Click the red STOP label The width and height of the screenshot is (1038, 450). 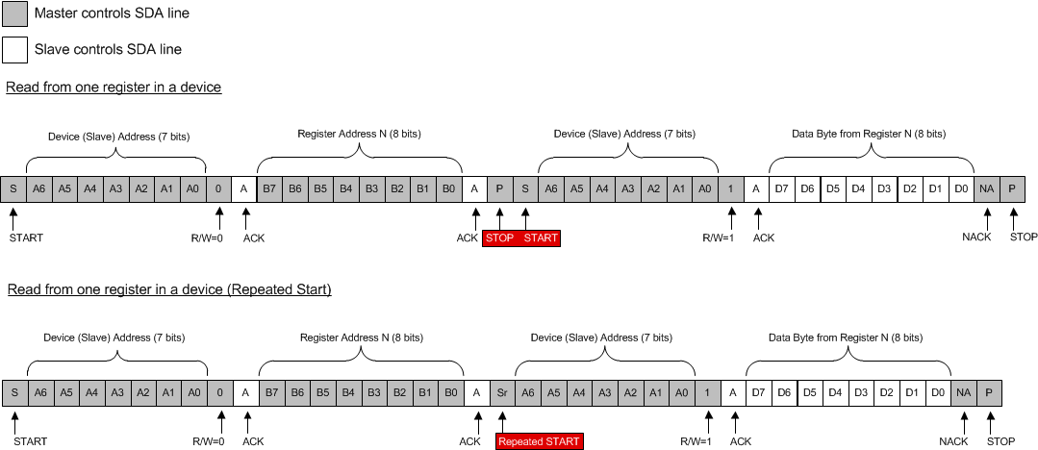pos(500,237)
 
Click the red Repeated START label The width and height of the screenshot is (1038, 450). pos(539,441)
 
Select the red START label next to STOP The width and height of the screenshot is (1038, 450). pos(540,237)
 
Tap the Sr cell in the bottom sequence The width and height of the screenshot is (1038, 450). pos(501,392)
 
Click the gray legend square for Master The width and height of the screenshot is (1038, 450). pos(15,13)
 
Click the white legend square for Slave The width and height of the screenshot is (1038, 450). pos(15,49)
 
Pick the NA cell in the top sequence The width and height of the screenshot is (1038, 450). pos(986,188)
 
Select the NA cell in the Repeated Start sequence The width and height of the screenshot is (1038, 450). pos(963,392)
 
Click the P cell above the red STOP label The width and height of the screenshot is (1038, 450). pos(499,188)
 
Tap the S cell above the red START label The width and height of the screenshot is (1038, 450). pos(525,188)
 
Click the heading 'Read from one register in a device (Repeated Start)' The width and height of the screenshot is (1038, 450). pos(169,289)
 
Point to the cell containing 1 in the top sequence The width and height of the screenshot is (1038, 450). pos(731,188)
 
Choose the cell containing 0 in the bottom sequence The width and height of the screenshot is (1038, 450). pos(220,392)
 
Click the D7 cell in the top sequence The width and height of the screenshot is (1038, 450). pos(781,188)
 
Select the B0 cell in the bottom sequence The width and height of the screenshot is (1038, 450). pos(449,392)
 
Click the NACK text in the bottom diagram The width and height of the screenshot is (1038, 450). pos(953,441)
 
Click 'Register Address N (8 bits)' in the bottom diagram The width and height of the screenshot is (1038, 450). pos(361,338)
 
